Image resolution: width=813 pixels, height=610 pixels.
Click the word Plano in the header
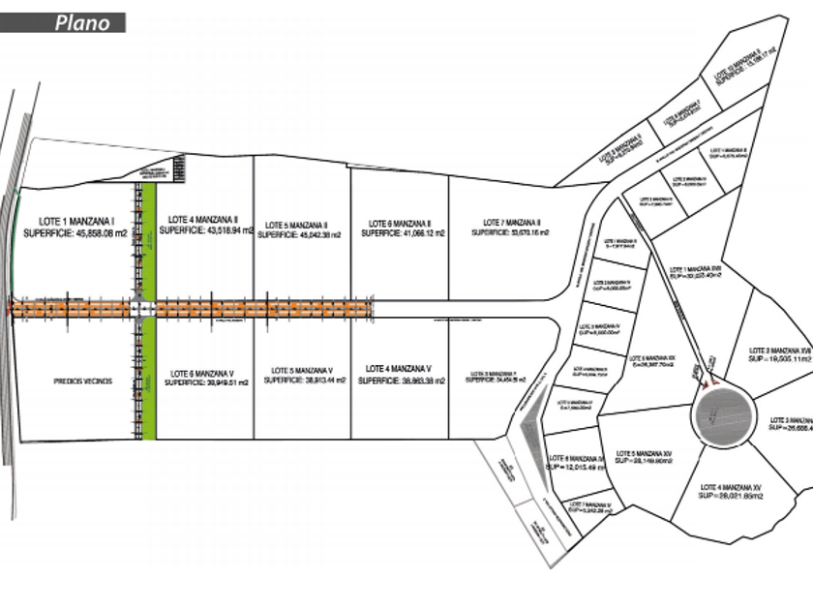point(82,23)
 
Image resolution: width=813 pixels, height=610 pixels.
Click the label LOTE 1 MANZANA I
point(75,221)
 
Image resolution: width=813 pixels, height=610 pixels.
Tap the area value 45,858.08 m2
point(98,233)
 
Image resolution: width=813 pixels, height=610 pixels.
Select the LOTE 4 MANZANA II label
point(202,219)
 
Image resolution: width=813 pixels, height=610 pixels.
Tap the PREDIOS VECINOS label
point(83,381)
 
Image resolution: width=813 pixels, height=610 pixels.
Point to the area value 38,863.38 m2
point(417,381)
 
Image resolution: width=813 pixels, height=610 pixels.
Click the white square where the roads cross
point(144,308)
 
